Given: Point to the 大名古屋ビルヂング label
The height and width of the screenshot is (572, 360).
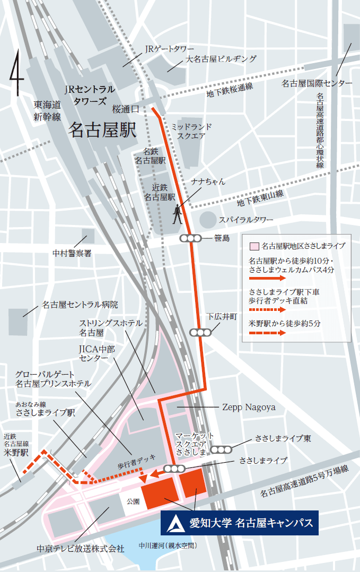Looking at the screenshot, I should pos(221,59).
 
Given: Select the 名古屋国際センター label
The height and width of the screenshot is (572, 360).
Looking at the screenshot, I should pos(317,83).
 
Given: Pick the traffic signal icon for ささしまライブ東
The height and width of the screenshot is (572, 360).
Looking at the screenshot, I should pos(221,449).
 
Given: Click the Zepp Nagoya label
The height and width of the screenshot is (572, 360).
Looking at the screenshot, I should pos(244,407).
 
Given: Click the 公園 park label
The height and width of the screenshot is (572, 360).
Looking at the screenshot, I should pos(133,501).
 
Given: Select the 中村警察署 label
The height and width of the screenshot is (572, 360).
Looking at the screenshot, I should pos(72,254).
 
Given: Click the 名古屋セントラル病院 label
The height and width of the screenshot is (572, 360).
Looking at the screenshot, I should pos(80,305).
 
